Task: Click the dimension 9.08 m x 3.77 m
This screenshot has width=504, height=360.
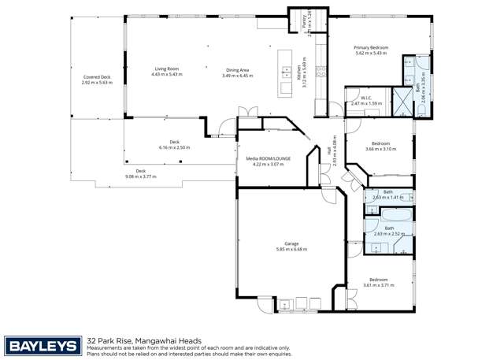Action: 141,176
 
